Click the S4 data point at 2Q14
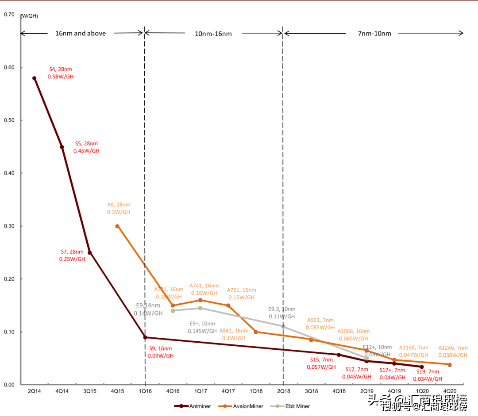[34, 78]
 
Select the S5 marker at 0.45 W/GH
[62, 147]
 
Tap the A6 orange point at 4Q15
[117, 226]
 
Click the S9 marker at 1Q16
[145, 337]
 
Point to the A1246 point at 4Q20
[450, 365]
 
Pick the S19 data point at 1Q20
[422, 367]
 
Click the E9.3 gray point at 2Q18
[283, 326]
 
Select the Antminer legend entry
[193, 406]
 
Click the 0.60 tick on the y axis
[9, 68]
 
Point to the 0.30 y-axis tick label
[9, 226]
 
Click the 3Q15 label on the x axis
[89, 391]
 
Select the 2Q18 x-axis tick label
[283, 391]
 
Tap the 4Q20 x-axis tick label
[450, 391]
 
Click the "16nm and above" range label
[81, 33]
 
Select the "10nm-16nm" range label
[213, 33]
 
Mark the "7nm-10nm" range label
[374, 33]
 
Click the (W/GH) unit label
[30, 16]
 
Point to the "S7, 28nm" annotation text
[72, 252]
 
